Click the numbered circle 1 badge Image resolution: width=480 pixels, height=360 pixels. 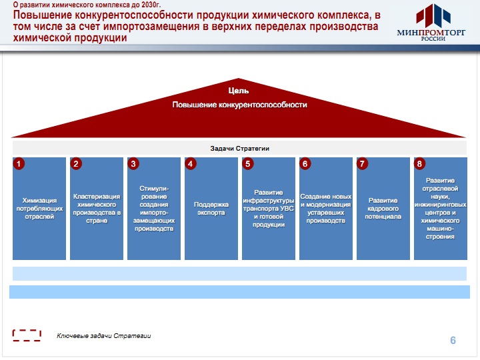point(19,164)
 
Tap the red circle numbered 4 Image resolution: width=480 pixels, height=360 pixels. point(191,164)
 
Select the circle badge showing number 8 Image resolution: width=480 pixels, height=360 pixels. point(419,164)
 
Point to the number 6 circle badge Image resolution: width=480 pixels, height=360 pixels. point(305,164)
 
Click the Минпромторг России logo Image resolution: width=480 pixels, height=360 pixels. point(431,23)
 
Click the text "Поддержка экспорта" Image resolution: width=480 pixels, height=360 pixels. point(211,209)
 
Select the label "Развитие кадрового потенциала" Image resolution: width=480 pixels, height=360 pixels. point(383,209)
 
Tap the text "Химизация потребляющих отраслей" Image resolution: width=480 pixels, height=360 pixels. point(39,209)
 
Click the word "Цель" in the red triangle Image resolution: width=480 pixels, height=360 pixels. point(239,91)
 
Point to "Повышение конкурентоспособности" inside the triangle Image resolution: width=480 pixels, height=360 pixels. point(240,105)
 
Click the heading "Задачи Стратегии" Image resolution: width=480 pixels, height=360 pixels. point(240,149)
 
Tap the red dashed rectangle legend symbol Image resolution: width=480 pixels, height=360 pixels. point(27,335)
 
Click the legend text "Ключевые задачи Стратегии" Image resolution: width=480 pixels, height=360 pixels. point(104,336)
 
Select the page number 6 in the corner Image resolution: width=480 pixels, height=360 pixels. point(453,340)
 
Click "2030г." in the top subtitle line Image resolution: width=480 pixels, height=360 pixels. point(151,5)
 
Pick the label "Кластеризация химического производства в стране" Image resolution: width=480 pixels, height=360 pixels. point(97,209)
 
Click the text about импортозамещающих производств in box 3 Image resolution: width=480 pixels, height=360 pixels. point(154,209)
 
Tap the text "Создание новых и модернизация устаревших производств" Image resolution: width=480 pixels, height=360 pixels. point(326,209)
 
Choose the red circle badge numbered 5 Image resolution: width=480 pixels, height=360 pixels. point(247,164)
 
